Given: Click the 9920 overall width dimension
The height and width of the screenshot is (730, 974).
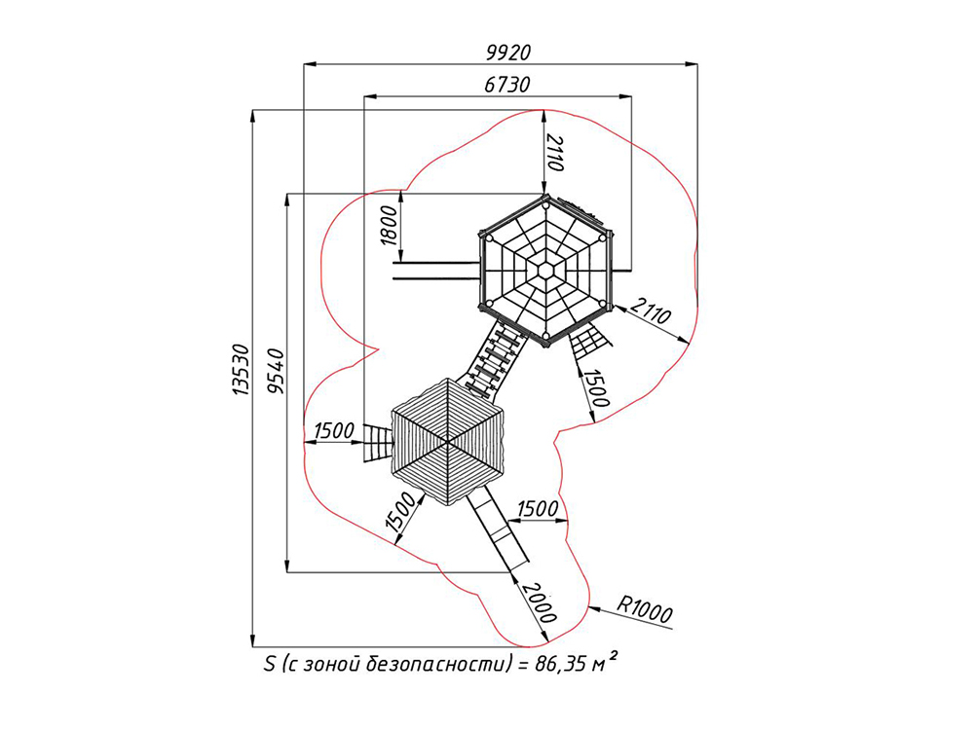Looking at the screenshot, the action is (508, 54).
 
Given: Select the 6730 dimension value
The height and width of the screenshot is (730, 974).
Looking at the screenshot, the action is (506, 85).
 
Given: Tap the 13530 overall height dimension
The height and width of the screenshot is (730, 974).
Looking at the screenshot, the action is (240, 370).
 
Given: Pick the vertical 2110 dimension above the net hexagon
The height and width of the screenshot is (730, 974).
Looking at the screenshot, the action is (554, 152).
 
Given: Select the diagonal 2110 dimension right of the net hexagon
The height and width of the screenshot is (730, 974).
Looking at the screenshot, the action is (651, 311).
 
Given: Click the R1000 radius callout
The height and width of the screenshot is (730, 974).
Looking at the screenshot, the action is (644, 609).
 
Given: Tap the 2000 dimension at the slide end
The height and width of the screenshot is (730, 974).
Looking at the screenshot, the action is (538, 602).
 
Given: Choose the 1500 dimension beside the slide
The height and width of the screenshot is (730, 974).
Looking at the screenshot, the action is (538, 509).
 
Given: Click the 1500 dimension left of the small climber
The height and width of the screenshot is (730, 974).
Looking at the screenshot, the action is (334, 430).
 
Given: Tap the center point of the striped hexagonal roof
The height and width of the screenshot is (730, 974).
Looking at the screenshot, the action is (447, 441).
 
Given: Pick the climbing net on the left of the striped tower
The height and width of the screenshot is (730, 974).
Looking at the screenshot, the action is (378, 443).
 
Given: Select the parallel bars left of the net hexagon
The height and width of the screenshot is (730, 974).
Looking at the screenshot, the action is (436, 271).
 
